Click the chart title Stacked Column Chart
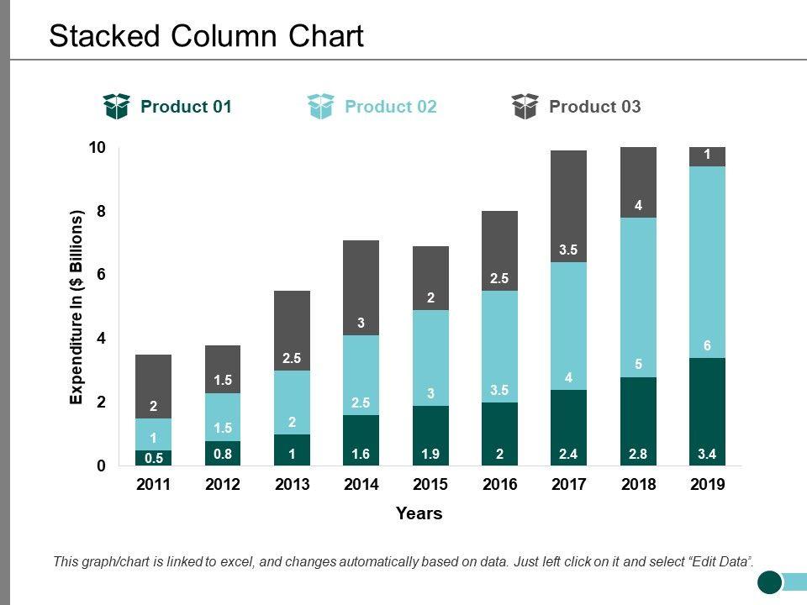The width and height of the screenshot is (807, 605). coord(206,36)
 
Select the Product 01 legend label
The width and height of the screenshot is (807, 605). coord(186,107)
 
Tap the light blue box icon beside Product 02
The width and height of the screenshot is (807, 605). coord(321,107)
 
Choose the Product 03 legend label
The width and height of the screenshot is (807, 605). coord(594,107)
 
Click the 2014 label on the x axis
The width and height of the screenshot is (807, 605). coord(361,485)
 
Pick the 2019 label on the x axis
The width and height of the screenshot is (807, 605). coord(707,485)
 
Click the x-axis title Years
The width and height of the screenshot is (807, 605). coord(419,513)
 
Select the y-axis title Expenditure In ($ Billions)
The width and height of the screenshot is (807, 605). coord(77,308)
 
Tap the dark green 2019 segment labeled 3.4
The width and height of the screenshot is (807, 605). coord(707,412)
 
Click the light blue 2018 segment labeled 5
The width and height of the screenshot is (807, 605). coord(638,297)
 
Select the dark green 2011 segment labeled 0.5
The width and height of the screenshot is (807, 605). coord(153,458)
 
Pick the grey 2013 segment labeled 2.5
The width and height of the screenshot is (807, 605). coord(292,330)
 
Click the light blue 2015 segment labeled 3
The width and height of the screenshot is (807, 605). coord(430,358)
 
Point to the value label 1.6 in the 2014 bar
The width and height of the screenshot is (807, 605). coord(361,453)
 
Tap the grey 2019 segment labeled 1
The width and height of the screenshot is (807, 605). coord(707,156)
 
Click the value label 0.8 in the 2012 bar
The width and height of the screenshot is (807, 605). coord(223,453)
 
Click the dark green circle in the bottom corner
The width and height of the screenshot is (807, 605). coord(770,581)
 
